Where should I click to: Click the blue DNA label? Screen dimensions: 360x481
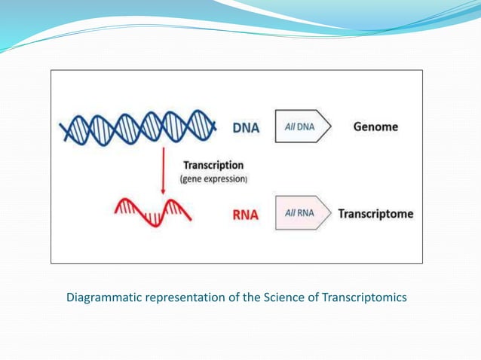[x=245, y=127]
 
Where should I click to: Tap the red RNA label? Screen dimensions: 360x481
[x=244, y=215]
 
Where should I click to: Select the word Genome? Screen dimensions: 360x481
[x=375, y=127]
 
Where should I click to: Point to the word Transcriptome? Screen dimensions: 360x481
[x=375, y=214]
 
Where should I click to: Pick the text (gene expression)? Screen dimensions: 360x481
[x=213, y=178]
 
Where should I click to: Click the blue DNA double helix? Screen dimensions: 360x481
[x=136, y=127]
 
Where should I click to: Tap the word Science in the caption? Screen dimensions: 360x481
[x=284, y=297]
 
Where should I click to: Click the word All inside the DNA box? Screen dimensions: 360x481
[x=290, y=127]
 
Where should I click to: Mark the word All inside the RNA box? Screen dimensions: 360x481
[x=290, y=213]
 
